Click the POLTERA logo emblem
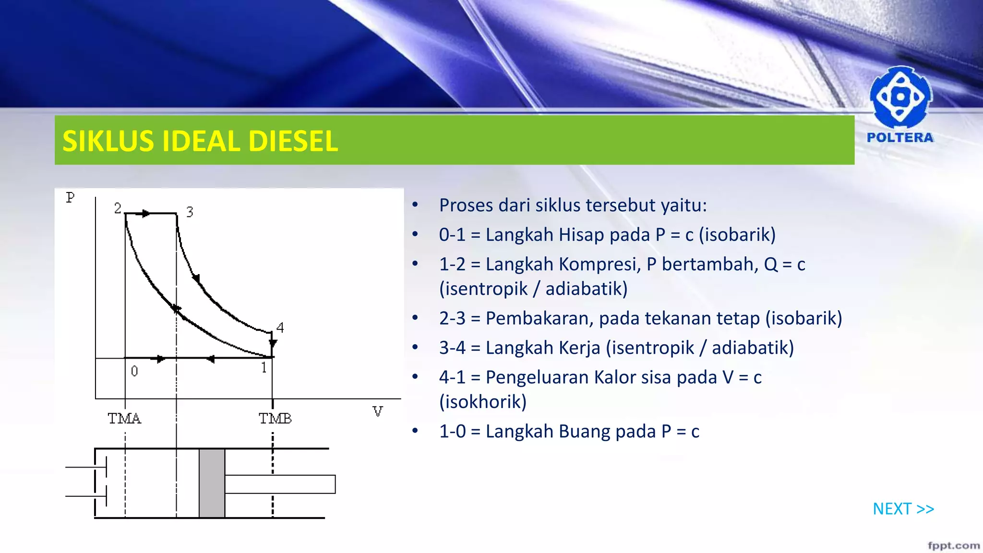(900, 97)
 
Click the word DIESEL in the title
(293, 141)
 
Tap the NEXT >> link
(903, 509)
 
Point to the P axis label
(71, 198)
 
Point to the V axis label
(378, 412)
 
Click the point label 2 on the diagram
(118, 208)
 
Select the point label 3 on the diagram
(190, 212)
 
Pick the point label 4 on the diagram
(280, 327)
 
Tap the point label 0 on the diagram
(134, 371)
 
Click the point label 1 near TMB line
(264, 368)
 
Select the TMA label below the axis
(124, 419)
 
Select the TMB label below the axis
(275, 419)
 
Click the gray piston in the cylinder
(212, 483)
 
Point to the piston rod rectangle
(280, 484)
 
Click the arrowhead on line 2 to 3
(146, 213)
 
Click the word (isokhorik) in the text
(483, 402)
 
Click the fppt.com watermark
(953, 545)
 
